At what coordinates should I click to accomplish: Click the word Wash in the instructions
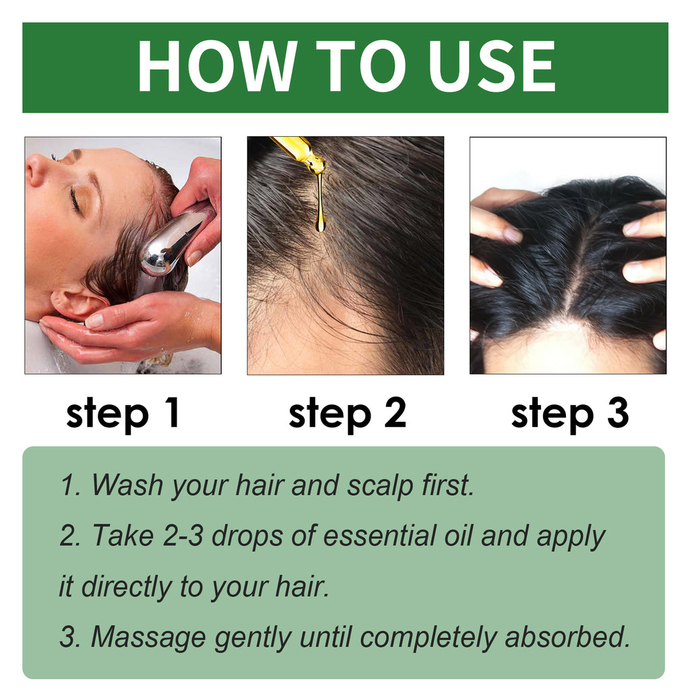click(x=127, y=486)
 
